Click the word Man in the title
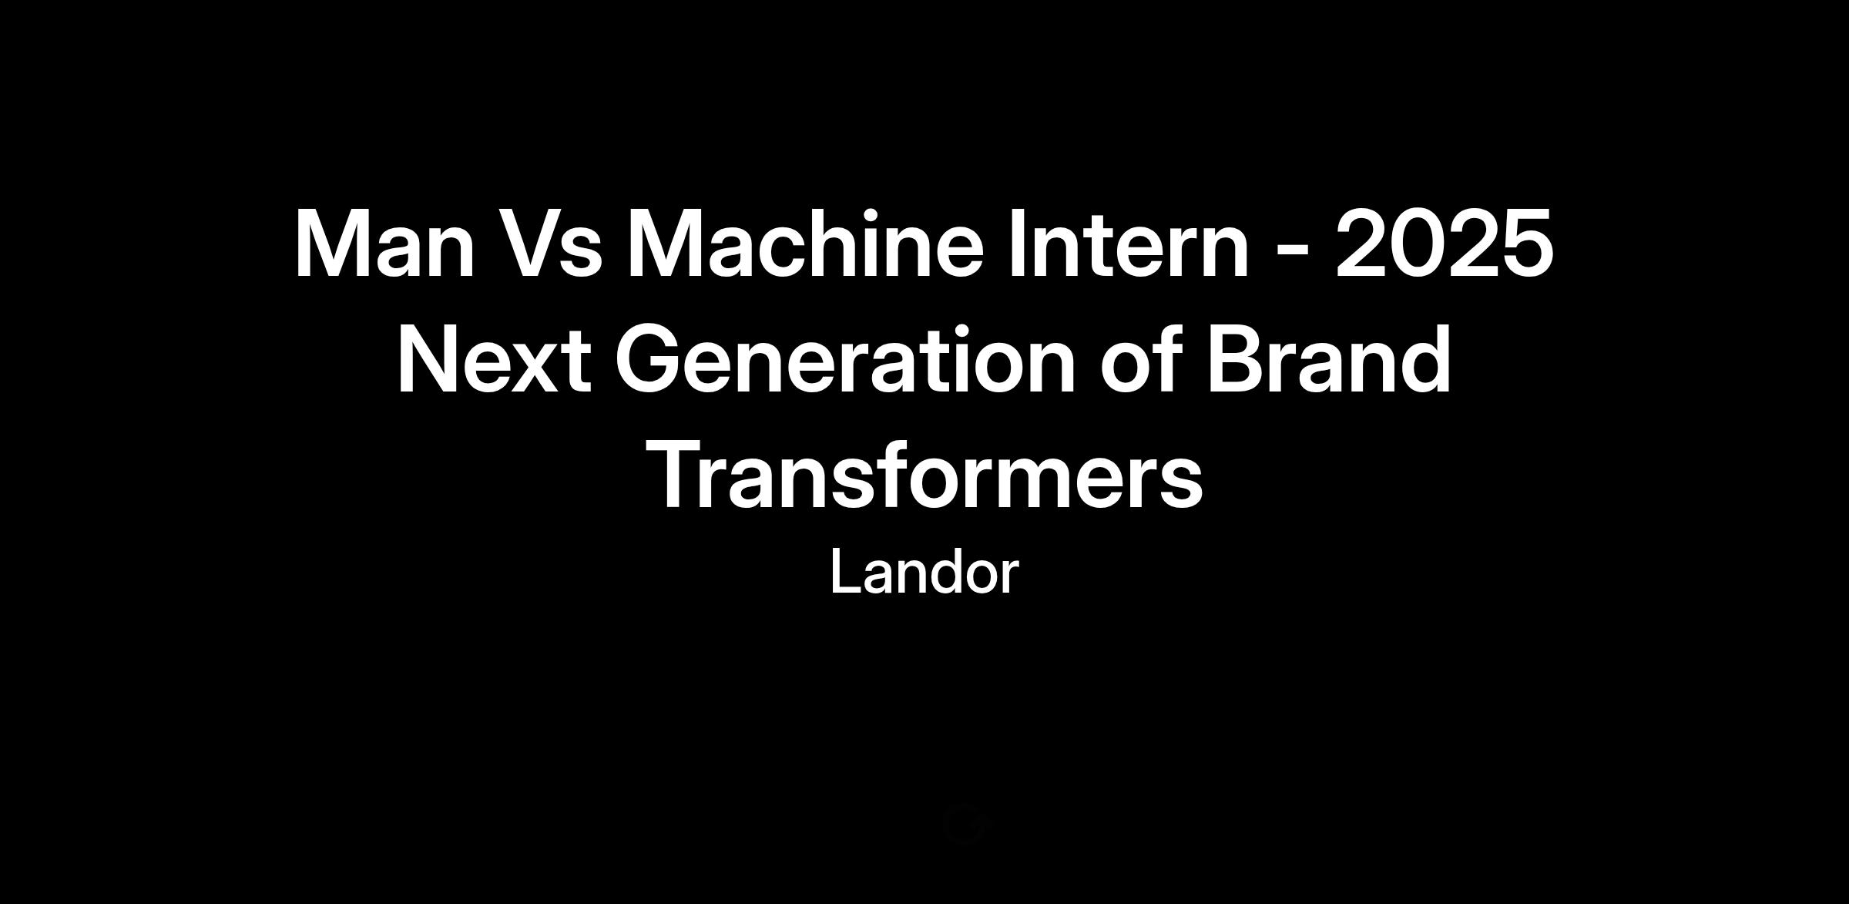[x=384, y=244]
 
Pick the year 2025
[x=1444, y=243]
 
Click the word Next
[x=494, y=360]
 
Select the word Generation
[x=844, y=358]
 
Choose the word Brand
[x=1329, y=358]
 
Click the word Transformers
[x=924, y=476]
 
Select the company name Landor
[x=924, y=573]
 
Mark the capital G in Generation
[x=647, y=360]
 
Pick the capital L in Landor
[x=845, y=573]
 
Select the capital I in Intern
[x=1018, y=244]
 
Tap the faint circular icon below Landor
[x=964, y=823]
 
